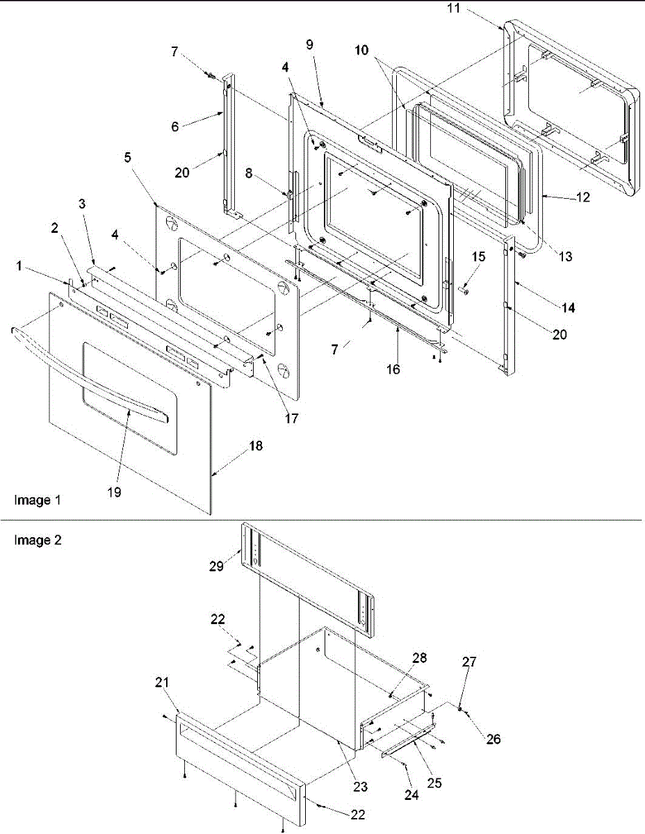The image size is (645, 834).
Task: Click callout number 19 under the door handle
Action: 114,491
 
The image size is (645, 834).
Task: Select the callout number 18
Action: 237,447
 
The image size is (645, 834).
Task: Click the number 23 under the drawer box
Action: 360,787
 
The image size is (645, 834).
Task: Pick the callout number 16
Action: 393,369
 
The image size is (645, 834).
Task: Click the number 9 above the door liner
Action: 309,44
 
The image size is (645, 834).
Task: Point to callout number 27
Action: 470,662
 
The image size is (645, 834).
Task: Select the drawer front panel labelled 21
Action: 236,764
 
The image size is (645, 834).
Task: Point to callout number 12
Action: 582,197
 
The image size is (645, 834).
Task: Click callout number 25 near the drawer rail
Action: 435,782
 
